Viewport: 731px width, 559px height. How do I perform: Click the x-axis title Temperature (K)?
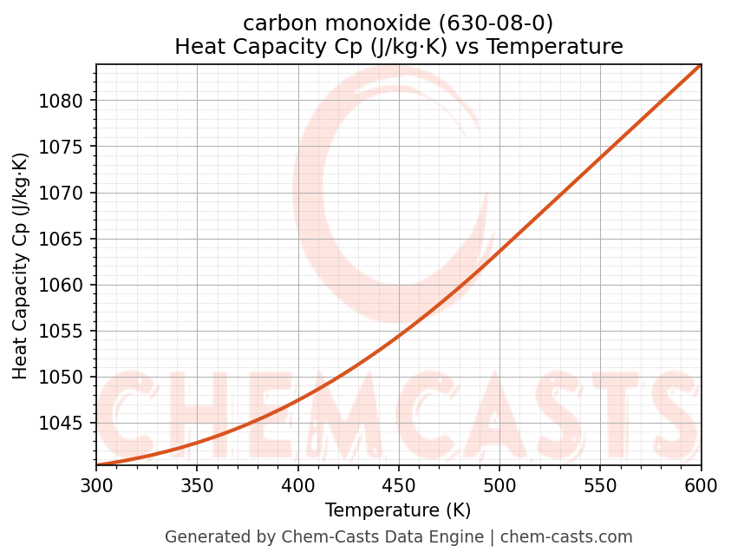(x=398, y=510)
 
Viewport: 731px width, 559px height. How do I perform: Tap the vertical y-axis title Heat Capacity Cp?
(x=21, y=266)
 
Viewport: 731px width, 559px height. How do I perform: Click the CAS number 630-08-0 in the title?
(x=498, y=23)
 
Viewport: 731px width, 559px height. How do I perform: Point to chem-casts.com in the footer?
(x=566, y=537)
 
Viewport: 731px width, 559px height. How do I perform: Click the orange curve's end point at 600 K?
(x=700, y=65)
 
